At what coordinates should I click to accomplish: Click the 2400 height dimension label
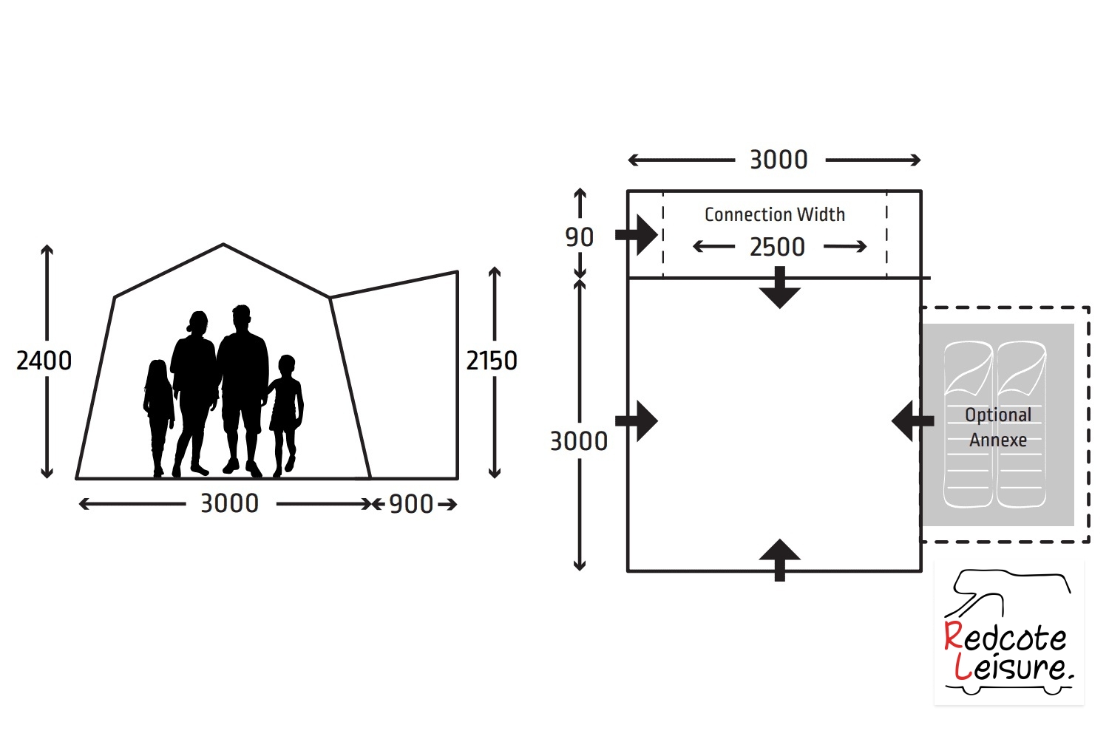[44, 361]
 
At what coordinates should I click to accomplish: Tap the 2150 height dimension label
[492, 361]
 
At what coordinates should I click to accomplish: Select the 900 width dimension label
[411, 505]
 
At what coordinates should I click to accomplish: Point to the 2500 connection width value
[777, 247]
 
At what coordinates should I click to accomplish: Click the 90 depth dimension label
[579, 237]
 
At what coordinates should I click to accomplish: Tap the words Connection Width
[775, 214]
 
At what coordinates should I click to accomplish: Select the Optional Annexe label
[998, 427]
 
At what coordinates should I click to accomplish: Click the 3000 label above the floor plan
[779, 160]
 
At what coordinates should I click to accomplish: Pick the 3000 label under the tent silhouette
[230, 504]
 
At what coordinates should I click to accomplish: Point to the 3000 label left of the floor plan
[579, 441]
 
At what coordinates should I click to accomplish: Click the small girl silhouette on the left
[158, 418]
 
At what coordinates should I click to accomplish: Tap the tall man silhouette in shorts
[243, 391]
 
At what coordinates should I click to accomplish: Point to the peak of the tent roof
[223, 244]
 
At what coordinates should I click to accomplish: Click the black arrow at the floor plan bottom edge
[780, 560]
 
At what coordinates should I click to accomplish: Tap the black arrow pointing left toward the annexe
[912, 421]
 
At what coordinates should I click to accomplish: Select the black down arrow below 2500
[780, 287]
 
